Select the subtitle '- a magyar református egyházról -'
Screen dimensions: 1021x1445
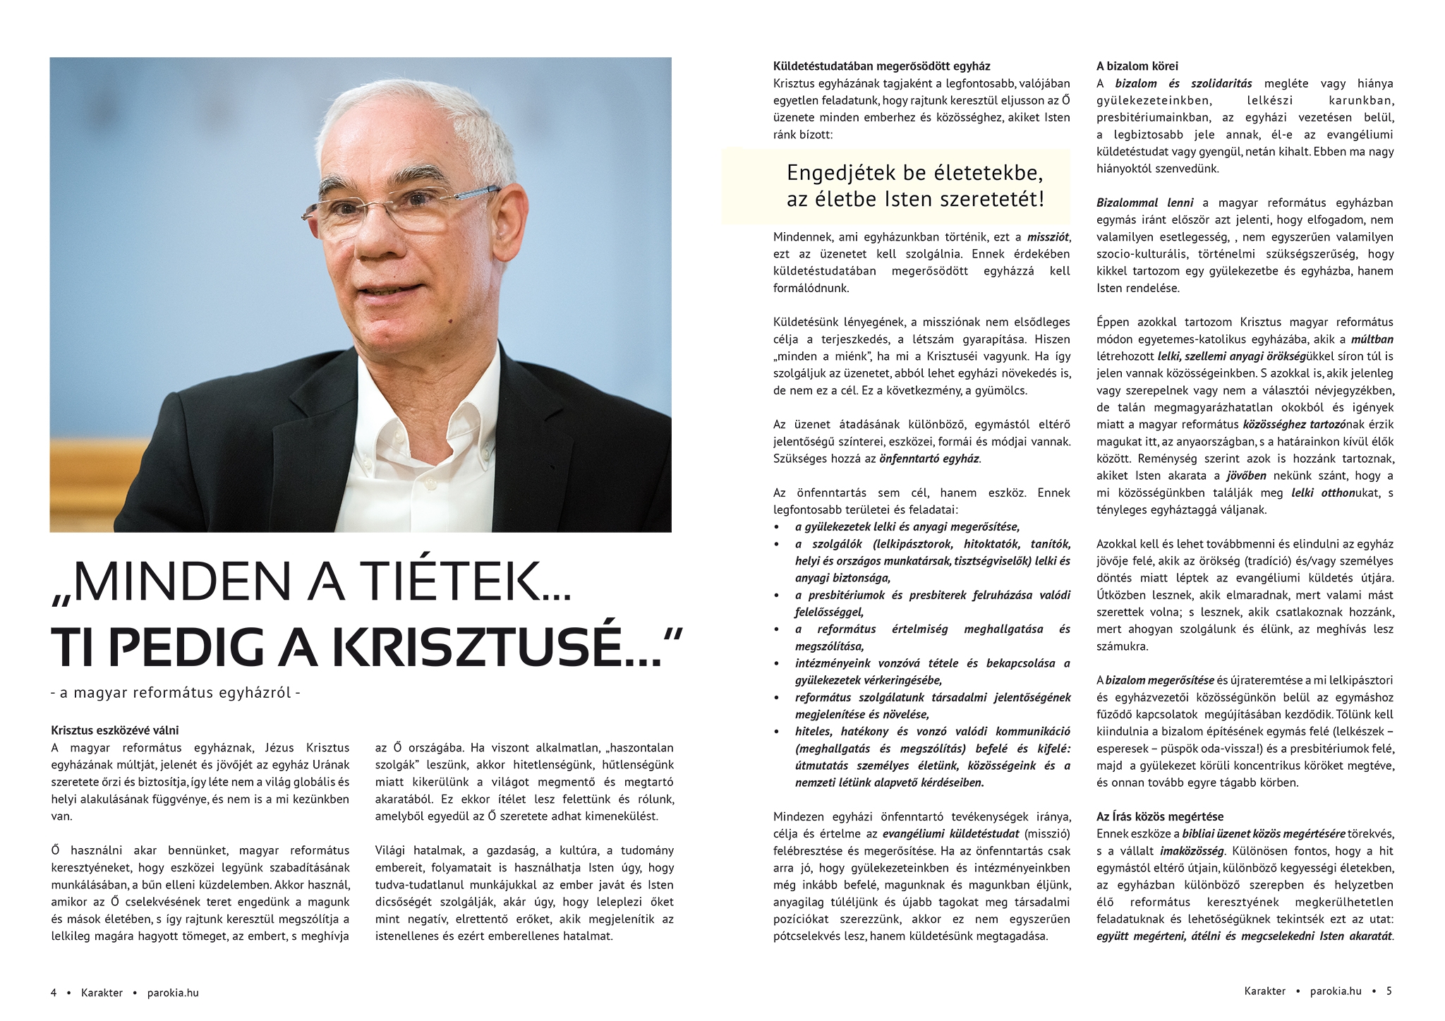click(x=176, y=693)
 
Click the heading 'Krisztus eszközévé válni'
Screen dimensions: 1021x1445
click(x=115, y=730)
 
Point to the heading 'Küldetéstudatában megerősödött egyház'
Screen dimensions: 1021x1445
click(x=881, y=66)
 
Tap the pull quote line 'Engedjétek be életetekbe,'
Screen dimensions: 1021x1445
click(x=914, y=173)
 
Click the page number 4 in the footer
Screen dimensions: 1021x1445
click(x=54, y=993)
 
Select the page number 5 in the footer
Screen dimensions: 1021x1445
click(x=1389, y=991)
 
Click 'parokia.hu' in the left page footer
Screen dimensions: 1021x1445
click(x=173, y=993)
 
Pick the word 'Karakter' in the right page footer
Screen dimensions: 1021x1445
click(x=1264, y=991)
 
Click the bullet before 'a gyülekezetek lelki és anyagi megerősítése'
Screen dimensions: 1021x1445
click(x=778, y=527)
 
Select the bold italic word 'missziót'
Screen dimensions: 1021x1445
click(x=1048, y=237)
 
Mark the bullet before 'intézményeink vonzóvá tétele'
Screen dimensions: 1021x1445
click(x=778, y=663)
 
